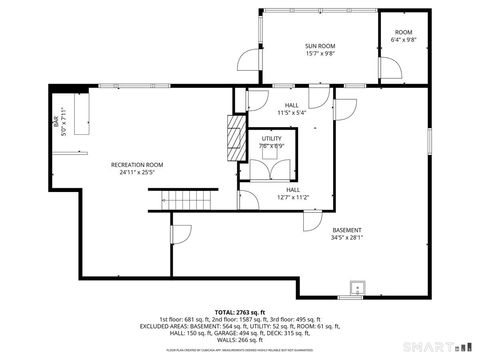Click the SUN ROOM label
point(320,46)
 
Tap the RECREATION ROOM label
point(137,164)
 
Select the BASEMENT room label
point(347,230)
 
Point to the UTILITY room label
point(272,138)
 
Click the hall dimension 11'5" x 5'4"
point(291,112)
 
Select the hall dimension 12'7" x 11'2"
point(293,197)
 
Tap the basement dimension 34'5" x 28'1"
point(347,238)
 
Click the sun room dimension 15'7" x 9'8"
point(320,54)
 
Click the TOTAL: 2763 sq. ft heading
point(239,311)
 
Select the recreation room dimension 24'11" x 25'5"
point(137,172)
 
